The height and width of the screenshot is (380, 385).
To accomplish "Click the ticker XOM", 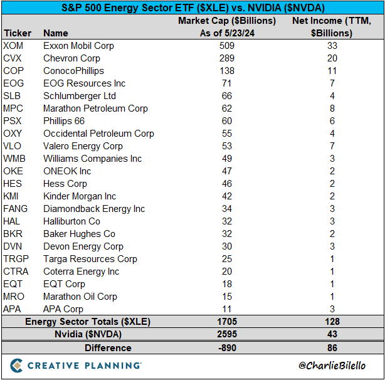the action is (x=13, y=46).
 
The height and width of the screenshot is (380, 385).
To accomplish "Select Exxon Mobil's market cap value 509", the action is (x=227, y=46).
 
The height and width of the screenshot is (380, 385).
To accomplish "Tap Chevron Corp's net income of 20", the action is (x=332, y=58).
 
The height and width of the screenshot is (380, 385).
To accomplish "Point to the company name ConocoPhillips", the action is (x=73, y=71).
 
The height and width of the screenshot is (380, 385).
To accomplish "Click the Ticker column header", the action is (x=18, y=33).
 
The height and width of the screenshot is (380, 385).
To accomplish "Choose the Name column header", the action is (x=56, y=33).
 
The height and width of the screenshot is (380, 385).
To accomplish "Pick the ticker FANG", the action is (x=15, y=209).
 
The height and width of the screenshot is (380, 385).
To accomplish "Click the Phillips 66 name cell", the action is (x=64, y=121).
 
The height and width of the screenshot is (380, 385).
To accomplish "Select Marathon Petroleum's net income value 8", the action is (x=332, y=108).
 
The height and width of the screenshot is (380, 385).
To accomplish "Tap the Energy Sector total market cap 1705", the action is (x=227, y=322).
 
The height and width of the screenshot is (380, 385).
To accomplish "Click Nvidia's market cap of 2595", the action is (x=227, y=334).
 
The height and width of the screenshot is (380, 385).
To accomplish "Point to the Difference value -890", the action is (x=227, y=348).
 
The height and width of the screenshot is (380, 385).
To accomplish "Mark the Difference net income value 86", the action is (x=332, y=348).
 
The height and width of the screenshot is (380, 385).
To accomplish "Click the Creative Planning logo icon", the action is (x=16, y=366).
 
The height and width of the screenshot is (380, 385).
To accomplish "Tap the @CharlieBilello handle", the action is (x=332, y=366).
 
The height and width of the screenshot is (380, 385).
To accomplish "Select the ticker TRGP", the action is (x=16, y=259).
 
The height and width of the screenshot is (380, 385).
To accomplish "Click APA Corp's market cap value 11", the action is (x=227, y=309).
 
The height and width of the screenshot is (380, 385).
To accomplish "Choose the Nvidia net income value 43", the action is (x=332, y=334).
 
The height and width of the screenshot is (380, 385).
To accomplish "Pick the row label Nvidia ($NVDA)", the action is (x=88, y=334).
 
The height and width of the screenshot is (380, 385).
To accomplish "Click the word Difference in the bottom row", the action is (x=108, y=348).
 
